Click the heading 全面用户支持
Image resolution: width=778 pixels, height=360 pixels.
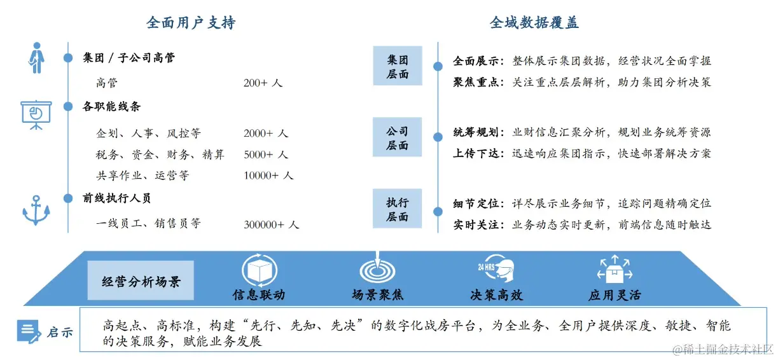[191, 23]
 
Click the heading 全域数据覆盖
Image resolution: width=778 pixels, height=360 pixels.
[534, 23]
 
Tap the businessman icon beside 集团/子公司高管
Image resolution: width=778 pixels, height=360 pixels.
[36, 58]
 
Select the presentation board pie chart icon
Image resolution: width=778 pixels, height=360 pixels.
[36, 114]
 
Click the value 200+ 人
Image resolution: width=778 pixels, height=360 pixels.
[263, 83]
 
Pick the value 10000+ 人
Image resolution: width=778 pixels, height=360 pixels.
[268, 176]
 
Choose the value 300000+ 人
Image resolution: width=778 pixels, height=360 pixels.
[271, 224]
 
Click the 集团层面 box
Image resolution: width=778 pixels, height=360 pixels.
[398, 67]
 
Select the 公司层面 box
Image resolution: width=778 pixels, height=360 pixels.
[398, 138]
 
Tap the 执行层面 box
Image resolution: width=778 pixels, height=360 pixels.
[398, 209]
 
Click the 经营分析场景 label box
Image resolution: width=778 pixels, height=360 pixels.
[141, 280]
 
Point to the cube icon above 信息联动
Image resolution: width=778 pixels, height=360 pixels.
[258, 271]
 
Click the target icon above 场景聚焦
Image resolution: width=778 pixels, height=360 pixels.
[377, 269]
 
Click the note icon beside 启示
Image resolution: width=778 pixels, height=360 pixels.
[29, 331]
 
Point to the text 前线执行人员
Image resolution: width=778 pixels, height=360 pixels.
[117, 198]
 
